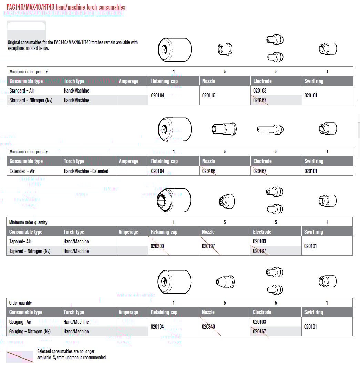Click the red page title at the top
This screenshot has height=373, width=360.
(x=66, y=7)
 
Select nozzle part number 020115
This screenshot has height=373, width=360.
(x=209, y=95)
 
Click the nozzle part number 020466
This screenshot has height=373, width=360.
(x=209, y=171)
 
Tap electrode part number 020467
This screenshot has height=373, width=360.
(x=260, y=171)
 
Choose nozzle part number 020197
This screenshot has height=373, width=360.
(x=208, y=246)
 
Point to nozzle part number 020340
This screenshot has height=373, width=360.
(x=208, y=327)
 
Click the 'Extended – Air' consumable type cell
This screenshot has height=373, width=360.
(x=22, y=171)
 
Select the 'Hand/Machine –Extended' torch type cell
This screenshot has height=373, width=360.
(x=86, y=171)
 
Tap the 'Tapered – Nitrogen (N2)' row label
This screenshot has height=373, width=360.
(x=30, y=251)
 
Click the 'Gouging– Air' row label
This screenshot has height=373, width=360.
(x=20, y=322)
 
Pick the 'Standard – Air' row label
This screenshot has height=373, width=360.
(x=22, y=90)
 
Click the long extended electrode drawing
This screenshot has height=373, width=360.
(x=270, y=129)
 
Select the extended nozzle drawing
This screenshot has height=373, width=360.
(x=224, y=129)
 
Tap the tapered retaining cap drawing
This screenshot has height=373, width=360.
(x=174, y=200)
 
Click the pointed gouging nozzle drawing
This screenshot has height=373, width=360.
(x=225, y=281)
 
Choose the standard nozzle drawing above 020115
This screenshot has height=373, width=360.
(x=225, y=49)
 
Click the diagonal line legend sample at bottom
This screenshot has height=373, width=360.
(x=20, y=356)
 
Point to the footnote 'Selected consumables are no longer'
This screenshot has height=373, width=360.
(x=66, y=351)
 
